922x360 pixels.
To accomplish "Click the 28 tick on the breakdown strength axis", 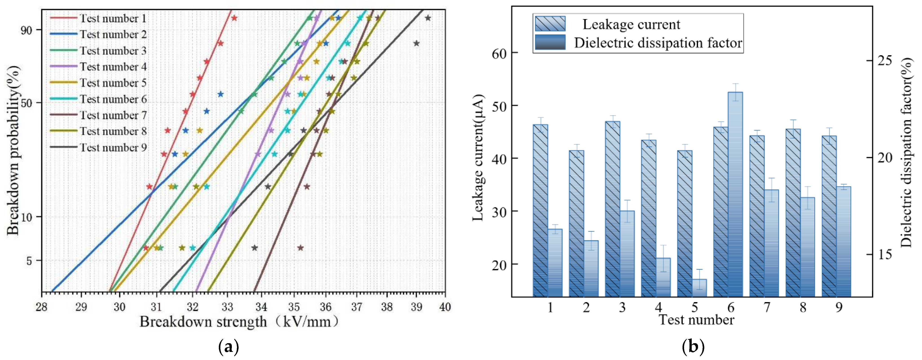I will point(42,307).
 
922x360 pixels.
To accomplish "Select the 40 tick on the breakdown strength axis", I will point(445,307).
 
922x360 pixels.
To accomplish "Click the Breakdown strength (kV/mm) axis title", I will point(239,322).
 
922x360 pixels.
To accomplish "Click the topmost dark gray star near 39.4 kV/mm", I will point(428,18).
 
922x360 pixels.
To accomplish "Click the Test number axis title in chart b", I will point(696,320).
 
